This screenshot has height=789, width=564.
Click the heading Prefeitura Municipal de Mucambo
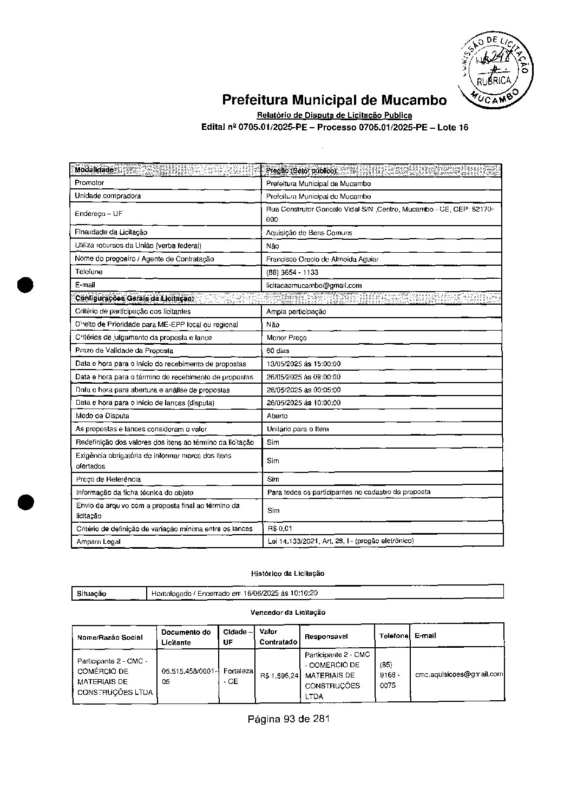(334, 100)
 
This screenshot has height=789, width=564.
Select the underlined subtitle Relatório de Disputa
(334, 115)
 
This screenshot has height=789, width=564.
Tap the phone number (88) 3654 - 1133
(292, 272)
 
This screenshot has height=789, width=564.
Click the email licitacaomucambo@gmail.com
(314, 285)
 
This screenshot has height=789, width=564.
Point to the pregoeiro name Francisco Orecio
(322, 259)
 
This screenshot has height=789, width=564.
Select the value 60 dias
(278, 351)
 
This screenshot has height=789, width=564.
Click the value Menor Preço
(287, 338)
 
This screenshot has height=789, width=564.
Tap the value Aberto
(278, 416)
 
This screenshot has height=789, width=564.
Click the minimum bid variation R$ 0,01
(280, 529)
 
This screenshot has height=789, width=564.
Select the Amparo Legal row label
(98, 542)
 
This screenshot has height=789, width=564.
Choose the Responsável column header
(326, 637)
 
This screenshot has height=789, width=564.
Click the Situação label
(91, 594)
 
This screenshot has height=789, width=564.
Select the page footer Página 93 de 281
(288, 719)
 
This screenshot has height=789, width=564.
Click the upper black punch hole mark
(25, 285)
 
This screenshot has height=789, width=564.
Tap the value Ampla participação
(296, 312)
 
